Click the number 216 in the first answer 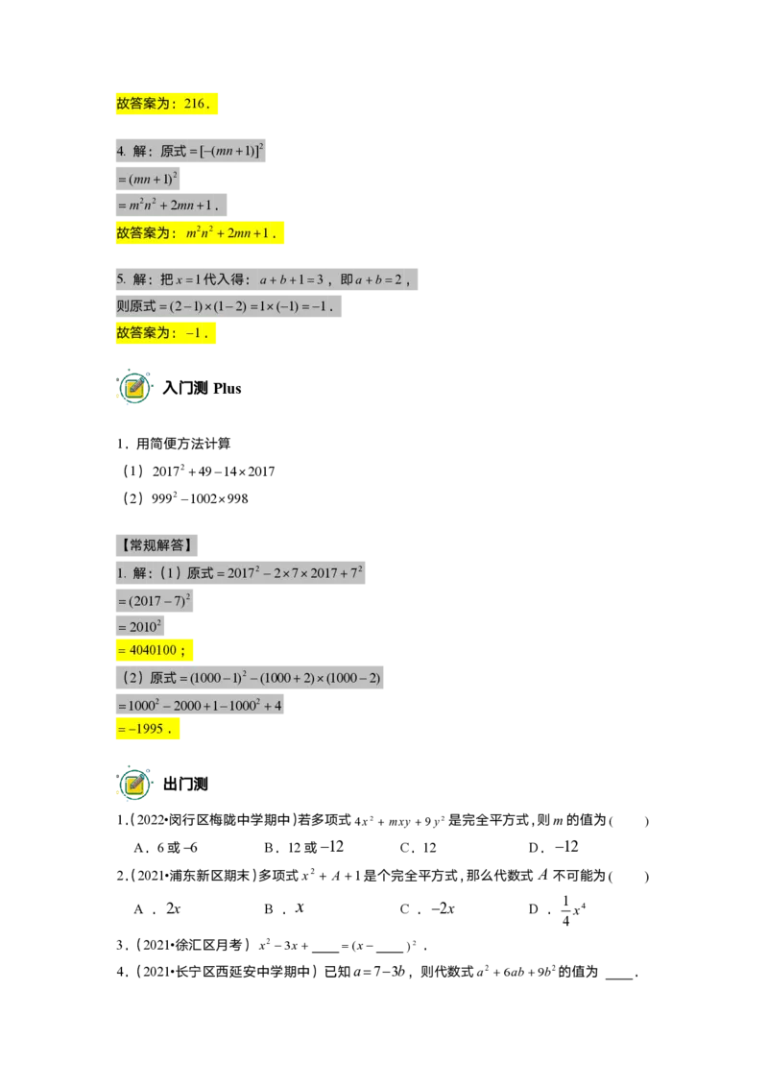point(195,104)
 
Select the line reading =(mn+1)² point(147,180)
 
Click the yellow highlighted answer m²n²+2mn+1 point(230,233)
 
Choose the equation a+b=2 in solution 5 point(382,280)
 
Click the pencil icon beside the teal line point(134,388)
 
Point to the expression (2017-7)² point(159,602)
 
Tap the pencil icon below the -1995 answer point(134,785)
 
